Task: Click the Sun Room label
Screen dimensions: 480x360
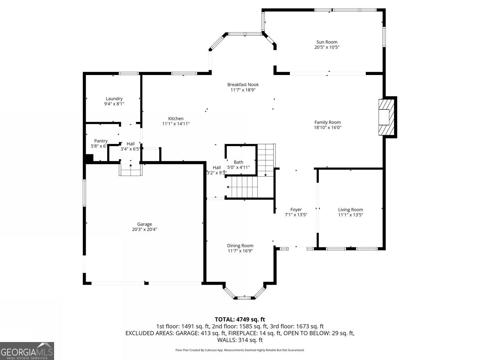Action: pos(327,42)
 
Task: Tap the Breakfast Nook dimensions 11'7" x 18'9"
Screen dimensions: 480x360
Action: pos(243,90)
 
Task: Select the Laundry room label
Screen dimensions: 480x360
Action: pos(114,99)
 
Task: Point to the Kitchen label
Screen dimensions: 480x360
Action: pos(176,118)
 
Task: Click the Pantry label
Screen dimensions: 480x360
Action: pos(101,141)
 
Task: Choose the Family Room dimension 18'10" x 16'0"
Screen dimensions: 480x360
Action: pos(328,127)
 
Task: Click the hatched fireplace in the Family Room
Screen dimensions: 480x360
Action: pos(386,117)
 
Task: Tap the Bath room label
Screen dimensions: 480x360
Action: pos(238,162)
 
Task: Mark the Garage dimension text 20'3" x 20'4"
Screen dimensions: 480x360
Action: pos(145,229)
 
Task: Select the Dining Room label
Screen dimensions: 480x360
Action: pos(240,246)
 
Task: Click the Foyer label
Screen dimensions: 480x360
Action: pos(296,210)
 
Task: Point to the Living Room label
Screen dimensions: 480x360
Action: pos(350,210)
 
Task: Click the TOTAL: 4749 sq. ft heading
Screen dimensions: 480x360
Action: pos(240,319)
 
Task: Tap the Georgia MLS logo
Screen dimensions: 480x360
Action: pos(27,351)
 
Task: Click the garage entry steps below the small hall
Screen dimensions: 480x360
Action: pos(130,170)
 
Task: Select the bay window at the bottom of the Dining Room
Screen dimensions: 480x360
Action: pos(244,293)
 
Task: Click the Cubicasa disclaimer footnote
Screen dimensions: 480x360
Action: pos(240,350)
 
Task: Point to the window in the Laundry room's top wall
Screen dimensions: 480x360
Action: pos(129,73)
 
